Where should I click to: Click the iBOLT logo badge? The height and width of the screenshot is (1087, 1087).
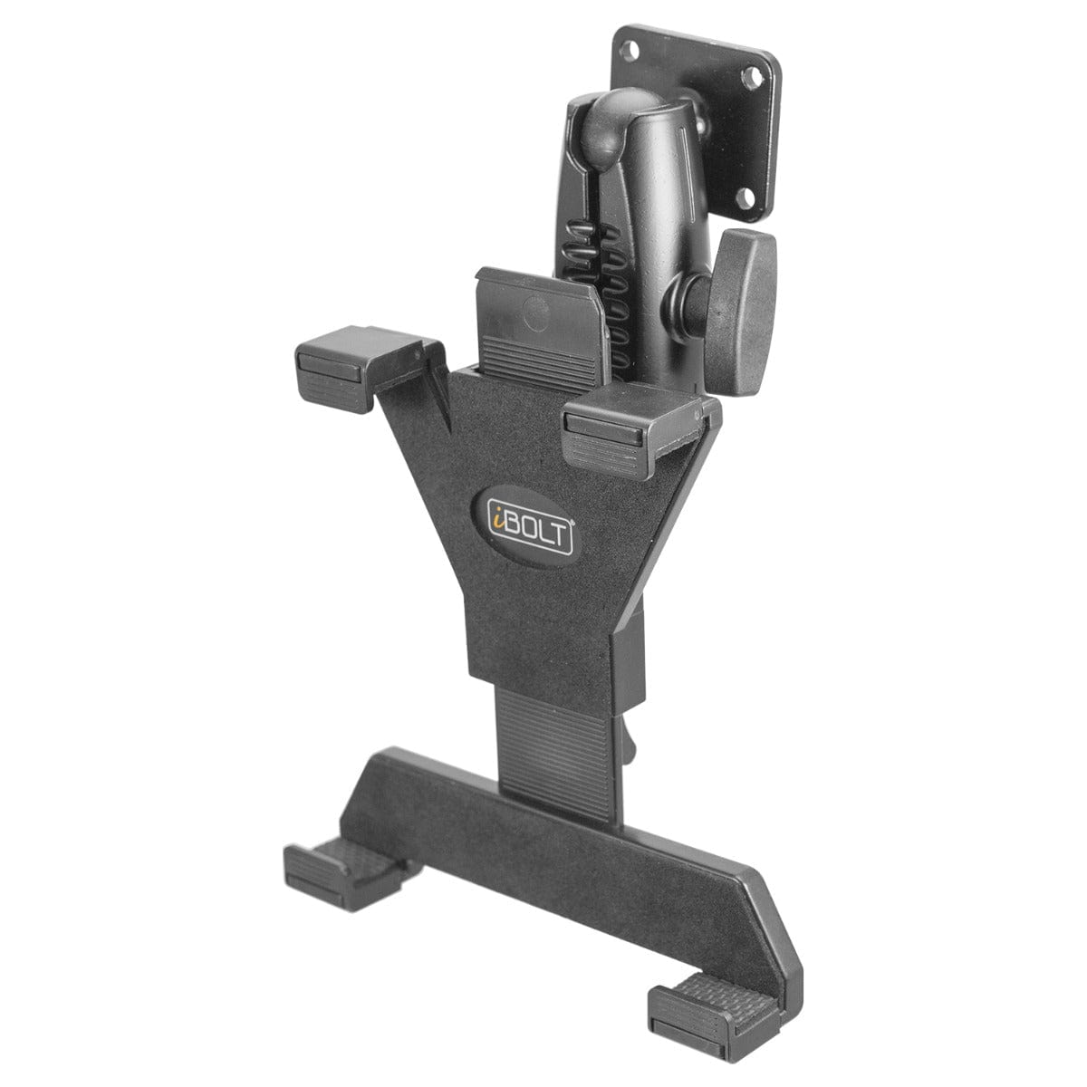[526, 522]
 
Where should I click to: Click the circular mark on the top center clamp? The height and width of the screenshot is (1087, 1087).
[536, 315]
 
